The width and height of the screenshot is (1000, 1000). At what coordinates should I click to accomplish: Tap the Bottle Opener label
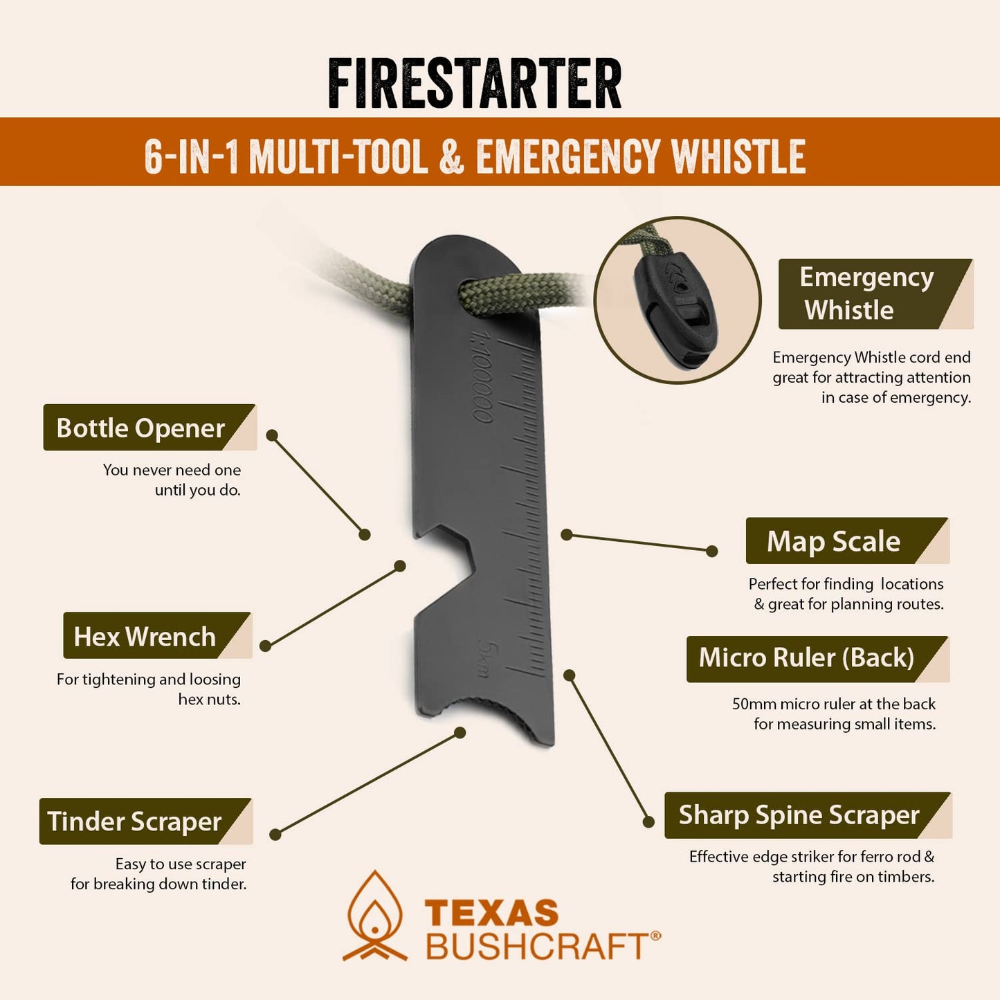click(x=140, y=428)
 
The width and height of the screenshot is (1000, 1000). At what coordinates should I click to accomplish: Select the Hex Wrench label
click(x=145, y=636)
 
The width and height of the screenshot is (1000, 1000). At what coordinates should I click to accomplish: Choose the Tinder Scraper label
click(x=135, y=821)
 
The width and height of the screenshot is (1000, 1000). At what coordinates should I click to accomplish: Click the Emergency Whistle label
click(x=866, y=293)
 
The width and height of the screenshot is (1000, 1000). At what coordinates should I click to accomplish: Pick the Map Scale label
click(x=833, y=541)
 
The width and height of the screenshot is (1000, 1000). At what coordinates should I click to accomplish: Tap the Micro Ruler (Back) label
click(x=806, y=657)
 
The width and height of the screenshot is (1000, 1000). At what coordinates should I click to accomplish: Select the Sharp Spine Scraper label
click(x=799, y=815)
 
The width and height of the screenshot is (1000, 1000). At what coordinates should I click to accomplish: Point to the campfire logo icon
click(x=375, y=916)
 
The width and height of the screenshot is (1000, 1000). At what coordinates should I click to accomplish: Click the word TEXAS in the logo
click(x=491, y=913)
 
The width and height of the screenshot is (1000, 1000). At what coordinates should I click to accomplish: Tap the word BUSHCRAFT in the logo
click(x=537, y=946)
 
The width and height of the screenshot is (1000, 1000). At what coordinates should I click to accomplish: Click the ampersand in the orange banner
click(x=451, y=156)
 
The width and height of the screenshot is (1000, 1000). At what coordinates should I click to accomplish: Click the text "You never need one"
click(x=172, y=470)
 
